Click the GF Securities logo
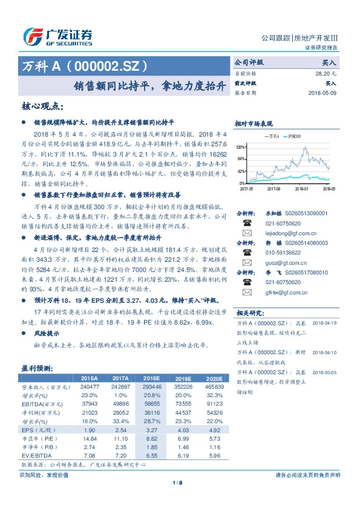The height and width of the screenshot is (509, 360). coord(58,37)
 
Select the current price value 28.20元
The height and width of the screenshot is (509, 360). coord(326,73)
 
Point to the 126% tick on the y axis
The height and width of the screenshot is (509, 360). coord(241,147)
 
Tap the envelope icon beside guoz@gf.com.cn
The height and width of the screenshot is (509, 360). coord(246,264)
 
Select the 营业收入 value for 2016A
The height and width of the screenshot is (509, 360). coord(89,386)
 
